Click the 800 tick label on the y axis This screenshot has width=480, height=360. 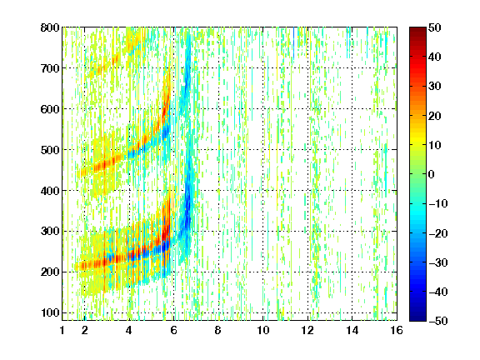point(50,27)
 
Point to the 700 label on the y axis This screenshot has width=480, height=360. point(50,68)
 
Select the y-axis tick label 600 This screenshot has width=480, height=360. point(50,109)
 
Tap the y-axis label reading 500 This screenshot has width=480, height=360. point(50,150)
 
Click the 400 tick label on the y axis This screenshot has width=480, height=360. point(50,191)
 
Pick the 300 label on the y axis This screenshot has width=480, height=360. point(50,231)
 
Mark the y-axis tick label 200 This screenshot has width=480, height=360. point(50,272)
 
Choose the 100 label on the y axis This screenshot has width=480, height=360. point(50,312)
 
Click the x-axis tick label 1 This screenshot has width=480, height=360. point(62,330)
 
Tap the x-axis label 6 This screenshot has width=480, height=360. point(173,330)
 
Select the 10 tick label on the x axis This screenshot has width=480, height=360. point(263,330)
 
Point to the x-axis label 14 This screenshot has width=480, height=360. point(352,330)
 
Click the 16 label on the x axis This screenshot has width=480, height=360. point(397,330)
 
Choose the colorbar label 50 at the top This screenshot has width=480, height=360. point(434,27)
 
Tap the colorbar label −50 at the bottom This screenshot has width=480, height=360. point(438,321)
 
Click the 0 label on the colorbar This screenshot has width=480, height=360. point(432,174)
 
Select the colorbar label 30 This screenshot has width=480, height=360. point(434,87)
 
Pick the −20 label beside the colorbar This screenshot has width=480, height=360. point(438,233)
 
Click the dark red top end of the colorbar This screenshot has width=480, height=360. point(417,28)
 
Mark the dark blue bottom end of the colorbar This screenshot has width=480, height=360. point(417,319)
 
